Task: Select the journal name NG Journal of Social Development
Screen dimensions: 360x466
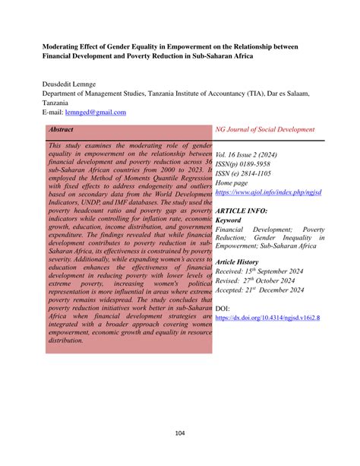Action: click(265, 130)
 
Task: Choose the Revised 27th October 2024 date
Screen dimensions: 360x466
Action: click(260, 280)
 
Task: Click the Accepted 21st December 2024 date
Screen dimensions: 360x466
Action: click(260, 290)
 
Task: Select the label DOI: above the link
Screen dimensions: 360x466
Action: click(224, 309)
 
